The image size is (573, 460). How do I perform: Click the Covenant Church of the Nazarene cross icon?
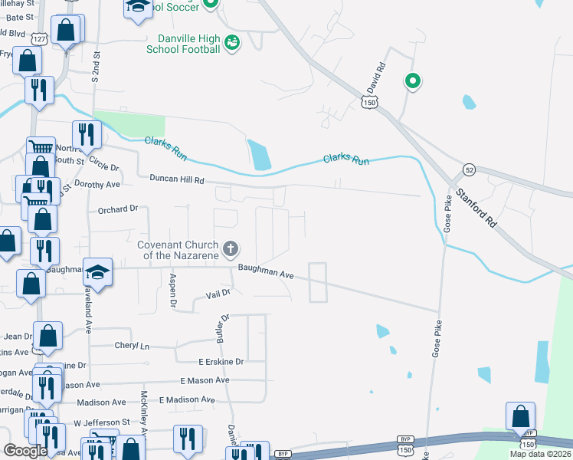pos(231,248)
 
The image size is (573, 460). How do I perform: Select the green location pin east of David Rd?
pos(412,80)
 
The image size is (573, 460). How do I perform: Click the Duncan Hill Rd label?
pos(177,180)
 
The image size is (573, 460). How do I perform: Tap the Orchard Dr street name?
pos(117,209)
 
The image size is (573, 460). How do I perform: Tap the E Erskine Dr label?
pos(221,361)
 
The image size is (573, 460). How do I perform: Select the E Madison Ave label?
pos(187,400)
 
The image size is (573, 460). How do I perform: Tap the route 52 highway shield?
pos(469,169)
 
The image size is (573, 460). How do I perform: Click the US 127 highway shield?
pos(39,38)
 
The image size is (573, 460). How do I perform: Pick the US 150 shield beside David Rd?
pos(370,102)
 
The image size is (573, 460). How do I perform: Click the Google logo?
pos(26,451)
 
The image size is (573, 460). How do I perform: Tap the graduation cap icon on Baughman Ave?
pos(98,272)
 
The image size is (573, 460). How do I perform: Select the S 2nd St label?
pos(97,67)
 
